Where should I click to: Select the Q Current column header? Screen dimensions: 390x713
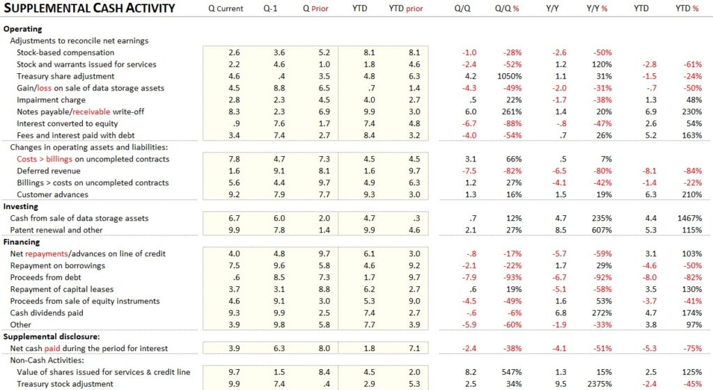(226, 9)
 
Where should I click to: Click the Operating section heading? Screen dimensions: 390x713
(23, 29)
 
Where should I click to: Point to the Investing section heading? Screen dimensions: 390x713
(21, 207)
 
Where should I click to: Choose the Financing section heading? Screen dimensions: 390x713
(22, 242)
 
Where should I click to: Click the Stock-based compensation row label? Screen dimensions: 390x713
(65, 53)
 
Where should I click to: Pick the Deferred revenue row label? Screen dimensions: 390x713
(49, 171)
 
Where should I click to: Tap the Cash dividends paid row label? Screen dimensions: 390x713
(54, 313)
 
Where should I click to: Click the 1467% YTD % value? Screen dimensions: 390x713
(688, 219)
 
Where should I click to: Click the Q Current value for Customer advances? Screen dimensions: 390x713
(235, 195)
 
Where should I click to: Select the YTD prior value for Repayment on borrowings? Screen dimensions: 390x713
(414, 266)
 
